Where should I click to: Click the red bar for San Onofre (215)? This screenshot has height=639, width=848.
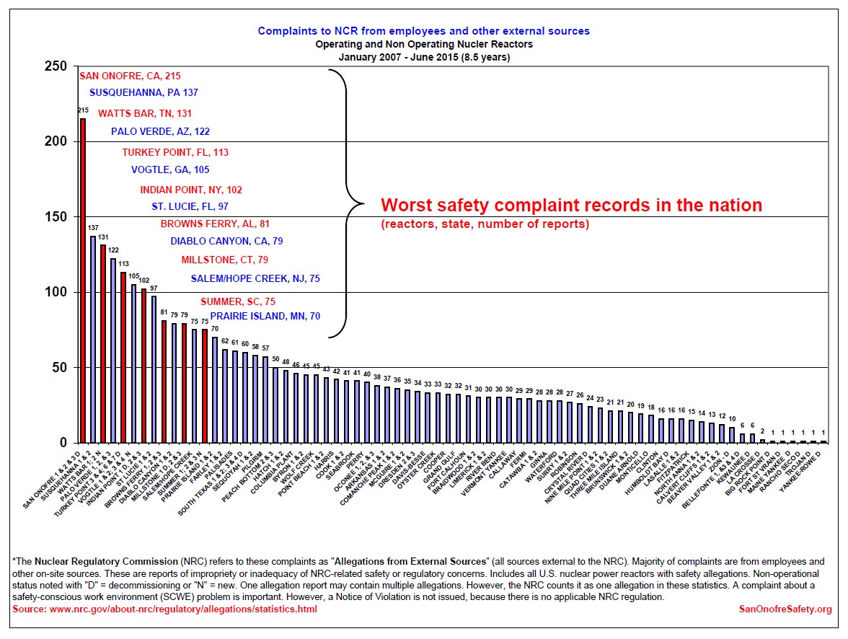[x=83, y=281]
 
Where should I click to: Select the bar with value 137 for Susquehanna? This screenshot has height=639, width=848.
[x=93, y=339]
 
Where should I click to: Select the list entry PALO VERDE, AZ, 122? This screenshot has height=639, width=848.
[x=160, y=131]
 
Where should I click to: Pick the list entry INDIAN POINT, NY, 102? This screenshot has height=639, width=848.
[x=191, y=190]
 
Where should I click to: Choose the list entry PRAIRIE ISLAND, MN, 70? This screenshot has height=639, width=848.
[x=265, y=316]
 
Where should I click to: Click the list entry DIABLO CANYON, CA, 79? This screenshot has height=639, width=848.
[x=226, y=241]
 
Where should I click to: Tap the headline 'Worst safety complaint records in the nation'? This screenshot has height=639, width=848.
[x=571, y=205]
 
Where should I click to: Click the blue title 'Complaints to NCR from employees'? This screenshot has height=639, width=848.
[x=423, y=31]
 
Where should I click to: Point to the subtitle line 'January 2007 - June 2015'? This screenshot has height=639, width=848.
[x=423, y=57]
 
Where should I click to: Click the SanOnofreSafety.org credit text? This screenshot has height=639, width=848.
[x=785, y=609]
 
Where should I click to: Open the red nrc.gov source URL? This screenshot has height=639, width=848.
[x=164, y=609]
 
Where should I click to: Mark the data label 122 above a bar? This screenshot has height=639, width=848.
[x=113, y=251]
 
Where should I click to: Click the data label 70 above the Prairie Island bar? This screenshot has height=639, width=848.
[x=214, y=330]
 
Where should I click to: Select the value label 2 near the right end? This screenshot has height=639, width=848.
[x=762, y=432]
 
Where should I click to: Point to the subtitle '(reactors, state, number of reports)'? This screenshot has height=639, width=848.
[x=485, y=224]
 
